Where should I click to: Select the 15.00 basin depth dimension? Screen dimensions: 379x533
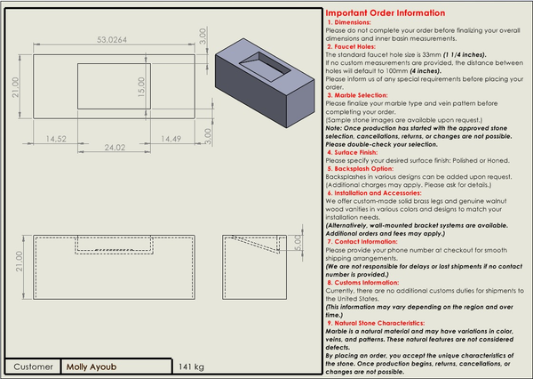[x=139, y=85]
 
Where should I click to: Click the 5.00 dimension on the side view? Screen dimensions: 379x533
[x=298, y=243]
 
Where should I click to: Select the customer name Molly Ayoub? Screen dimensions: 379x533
[x=93, y=366]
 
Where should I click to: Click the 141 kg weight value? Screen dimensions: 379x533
[x=191, y=366]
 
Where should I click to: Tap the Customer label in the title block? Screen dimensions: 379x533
[x=33, y=366]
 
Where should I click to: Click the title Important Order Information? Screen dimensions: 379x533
[x=385, y=13]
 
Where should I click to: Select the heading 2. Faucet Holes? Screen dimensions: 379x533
[x=354, y=46]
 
